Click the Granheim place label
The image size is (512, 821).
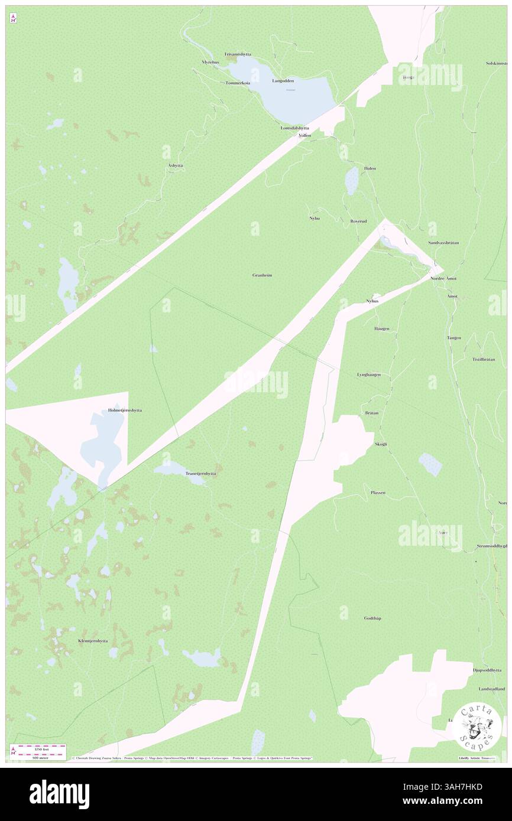click(x=262, y=275)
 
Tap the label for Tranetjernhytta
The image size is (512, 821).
click(x=200, y=474)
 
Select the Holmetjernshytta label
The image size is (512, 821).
click(x=125, y=410)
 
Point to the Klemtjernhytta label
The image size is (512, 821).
click(x=93, y=641)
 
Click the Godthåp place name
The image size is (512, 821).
click(x=372, y=618)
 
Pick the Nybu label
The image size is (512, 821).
click(x=314, y=219)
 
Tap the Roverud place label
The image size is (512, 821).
click(x=358, y=221)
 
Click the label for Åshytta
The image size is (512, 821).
click(x=175, y=166)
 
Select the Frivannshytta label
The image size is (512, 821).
click(x=238, y=54)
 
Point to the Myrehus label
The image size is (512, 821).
click(x=210, y=62)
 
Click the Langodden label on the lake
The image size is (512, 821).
click(x=283, y=80)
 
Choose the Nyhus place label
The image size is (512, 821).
click(x=372, y=301)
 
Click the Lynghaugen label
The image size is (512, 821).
click(x=368, y=374)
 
